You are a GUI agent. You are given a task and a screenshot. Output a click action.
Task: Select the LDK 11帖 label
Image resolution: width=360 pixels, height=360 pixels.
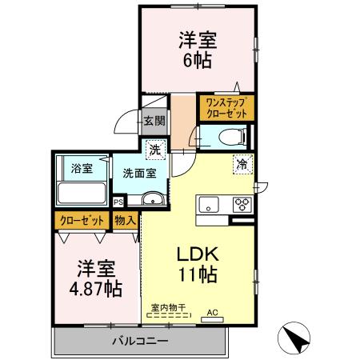pos(197,263)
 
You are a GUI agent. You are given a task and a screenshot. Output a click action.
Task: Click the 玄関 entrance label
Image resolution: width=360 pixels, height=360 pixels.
pos(154,121)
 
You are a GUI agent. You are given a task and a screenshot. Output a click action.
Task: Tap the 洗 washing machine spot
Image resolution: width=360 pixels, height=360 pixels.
pos(156,149)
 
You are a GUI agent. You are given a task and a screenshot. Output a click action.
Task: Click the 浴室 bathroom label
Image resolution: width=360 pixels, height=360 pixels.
pos(82,169)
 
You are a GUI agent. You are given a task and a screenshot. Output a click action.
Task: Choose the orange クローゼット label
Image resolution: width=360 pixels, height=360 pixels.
pos(80,220)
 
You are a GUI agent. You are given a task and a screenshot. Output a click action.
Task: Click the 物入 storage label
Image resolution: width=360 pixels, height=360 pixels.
pos(125,220)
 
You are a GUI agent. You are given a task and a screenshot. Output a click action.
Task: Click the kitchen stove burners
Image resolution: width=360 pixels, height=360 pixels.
pos(241,204)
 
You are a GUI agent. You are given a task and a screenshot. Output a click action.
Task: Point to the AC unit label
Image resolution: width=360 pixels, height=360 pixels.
pos(212,313)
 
